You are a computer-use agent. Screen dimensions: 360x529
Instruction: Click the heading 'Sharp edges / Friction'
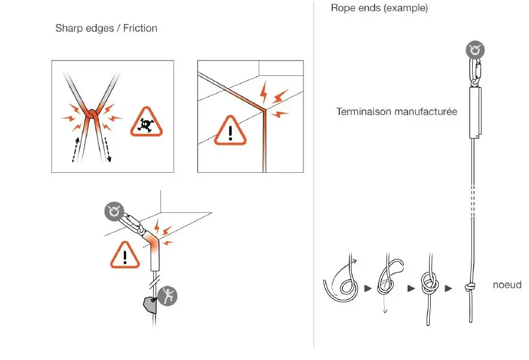coord(106,28)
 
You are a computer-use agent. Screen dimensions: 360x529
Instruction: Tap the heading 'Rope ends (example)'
coord(379,8)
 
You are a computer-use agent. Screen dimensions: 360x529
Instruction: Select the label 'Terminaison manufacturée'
coord(397,111)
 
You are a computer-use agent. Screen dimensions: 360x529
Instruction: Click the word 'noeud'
coord(506,285)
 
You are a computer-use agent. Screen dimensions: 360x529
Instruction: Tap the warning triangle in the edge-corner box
coord(230,127)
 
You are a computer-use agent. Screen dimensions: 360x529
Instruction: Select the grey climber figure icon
coord(169,295)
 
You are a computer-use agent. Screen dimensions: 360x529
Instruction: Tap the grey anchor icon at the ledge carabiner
coord(113,211)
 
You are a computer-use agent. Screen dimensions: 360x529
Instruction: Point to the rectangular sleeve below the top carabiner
coord(476,111)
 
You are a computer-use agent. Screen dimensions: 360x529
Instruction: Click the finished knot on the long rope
coord(470,288)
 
